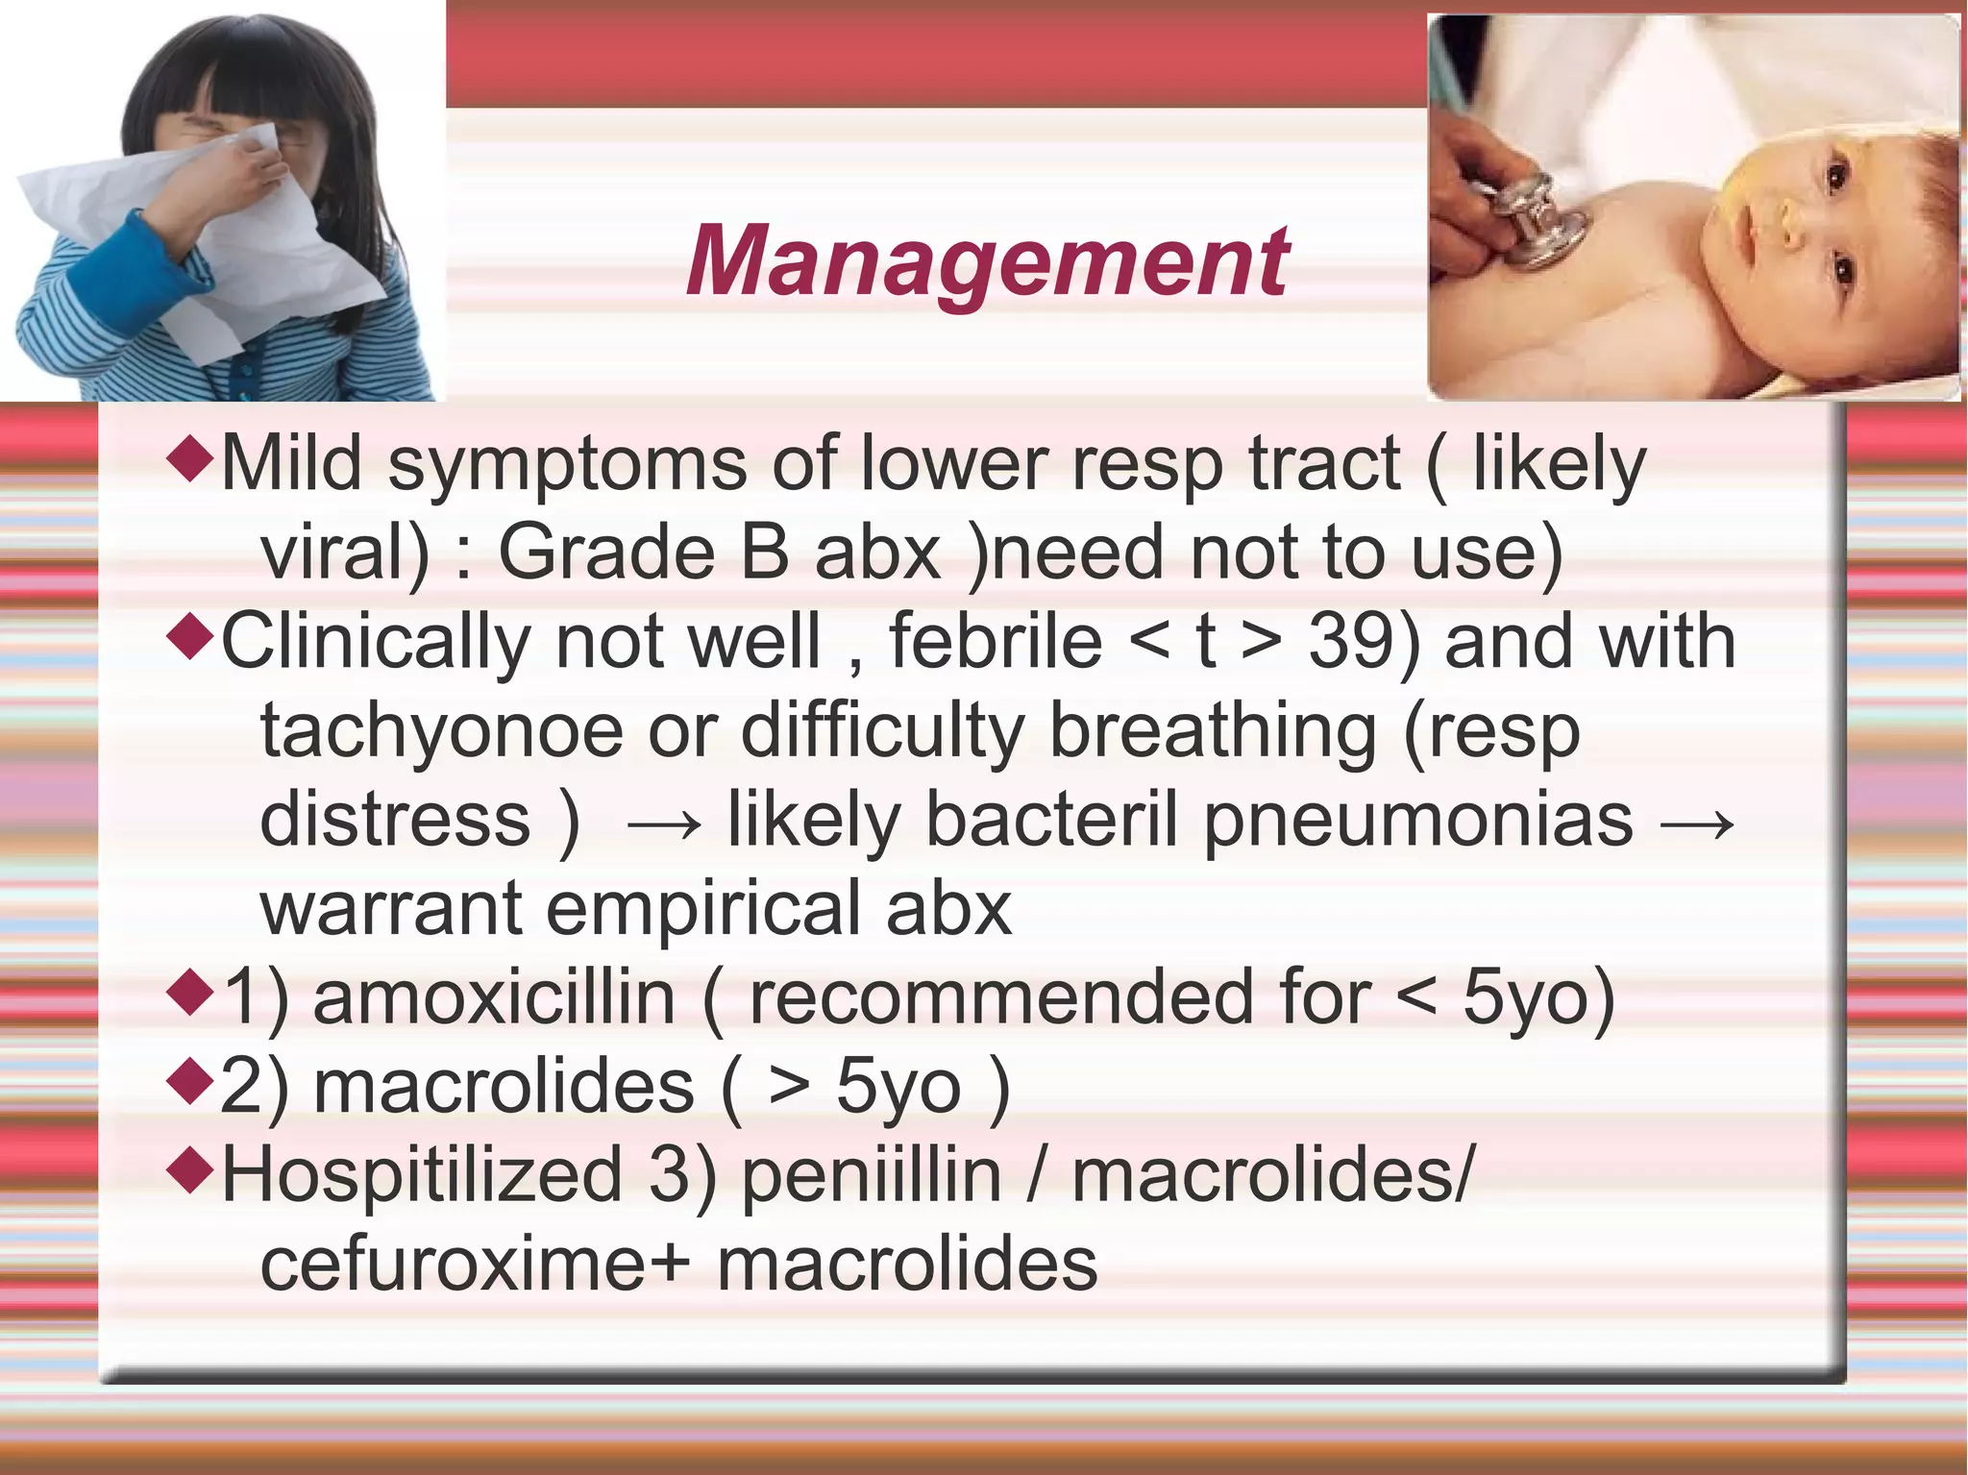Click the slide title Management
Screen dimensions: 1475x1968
pos(987,261)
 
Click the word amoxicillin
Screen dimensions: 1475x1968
pos(494,998)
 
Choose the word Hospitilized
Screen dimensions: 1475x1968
pos(423,1175)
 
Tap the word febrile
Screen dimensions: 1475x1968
pos(995,642)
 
